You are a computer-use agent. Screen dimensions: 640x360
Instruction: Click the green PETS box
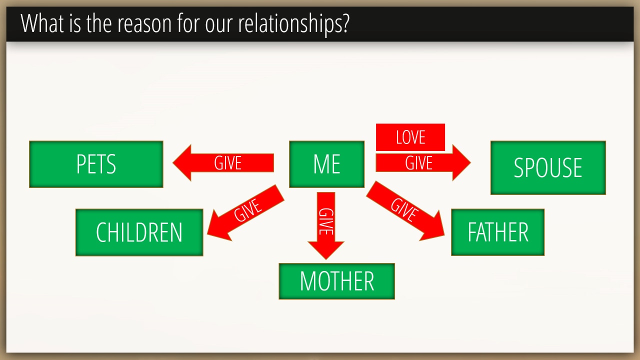[96, 164]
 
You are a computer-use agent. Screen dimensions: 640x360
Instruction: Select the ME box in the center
[326, 164]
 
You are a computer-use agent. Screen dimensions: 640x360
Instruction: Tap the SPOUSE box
[548, 167]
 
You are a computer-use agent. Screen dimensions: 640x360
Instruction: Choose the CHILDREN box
[139, 232]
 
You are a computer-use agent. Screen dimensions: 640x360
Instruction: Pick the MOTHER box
[336, 281]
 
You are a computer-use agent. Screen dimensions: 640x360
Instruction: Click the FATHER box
[497, 232]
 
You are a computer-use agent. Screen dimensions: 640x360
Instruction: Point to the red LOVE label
[410, 137]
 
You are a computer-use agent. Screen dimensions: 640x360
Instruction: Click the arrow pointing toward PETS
[223, 163]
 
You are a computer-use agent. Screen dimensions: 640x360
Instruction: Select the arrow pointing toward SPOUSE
[423, 163]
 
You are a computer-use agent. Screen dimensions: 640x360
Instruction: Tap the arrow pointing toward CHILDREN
[245, 212]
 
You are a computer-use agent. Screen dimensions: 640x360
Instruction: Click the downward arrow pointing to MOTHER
[326, 225]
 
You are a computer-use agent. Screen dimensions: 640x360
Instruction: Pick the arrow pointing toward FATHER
[405, 211]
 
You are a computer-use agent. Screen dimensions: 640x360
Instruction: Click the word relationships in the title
[293, 24]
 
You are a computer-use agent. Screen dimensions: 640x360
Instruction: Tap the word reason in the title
[144, 24]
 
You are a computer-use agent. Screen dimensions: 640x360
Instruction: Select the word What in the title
[42, 23]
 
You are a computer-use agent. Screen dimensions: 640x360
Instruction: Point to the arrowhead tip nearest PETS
[173, 163]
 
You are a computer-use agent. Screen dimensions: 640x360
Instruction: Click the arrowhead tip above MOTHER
[326, 259]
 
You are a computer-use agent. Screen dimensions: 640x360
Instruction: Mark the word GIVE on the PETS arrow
[227, 163]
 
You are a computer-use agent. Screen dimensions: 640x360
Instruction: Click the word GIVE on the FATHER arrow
[404, 210]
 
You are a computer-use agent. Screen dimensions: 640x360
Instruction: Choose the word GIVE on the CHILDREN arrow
[247, 210]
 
